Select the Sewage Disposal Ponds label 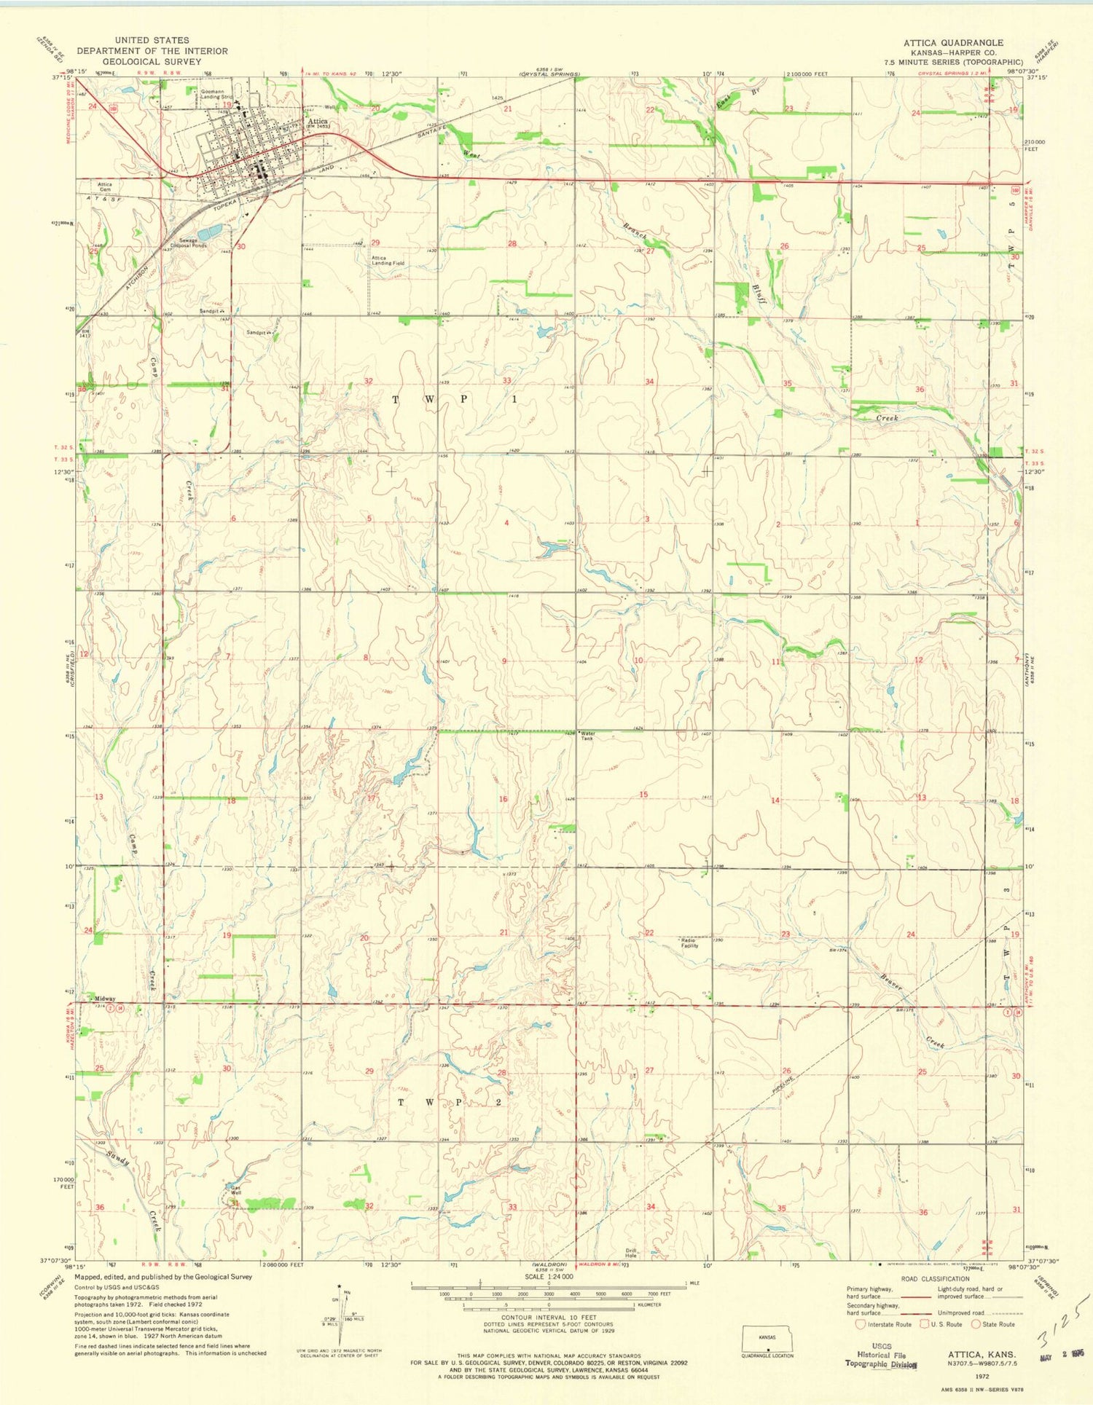[x=189, y=243]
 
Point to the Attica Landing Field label [x=388, y=261]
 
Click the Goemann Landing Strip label [x=216, y=94]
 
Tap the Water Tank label [x=587, y=736]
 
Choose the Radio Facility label [x=689, y=943]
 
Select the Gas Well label [x=235, y=1190]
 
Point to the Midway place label [x=105, y=999]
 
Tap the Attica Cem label [x=105, y=186]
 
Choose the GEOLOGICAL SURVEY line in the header [x=152, y=62]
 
